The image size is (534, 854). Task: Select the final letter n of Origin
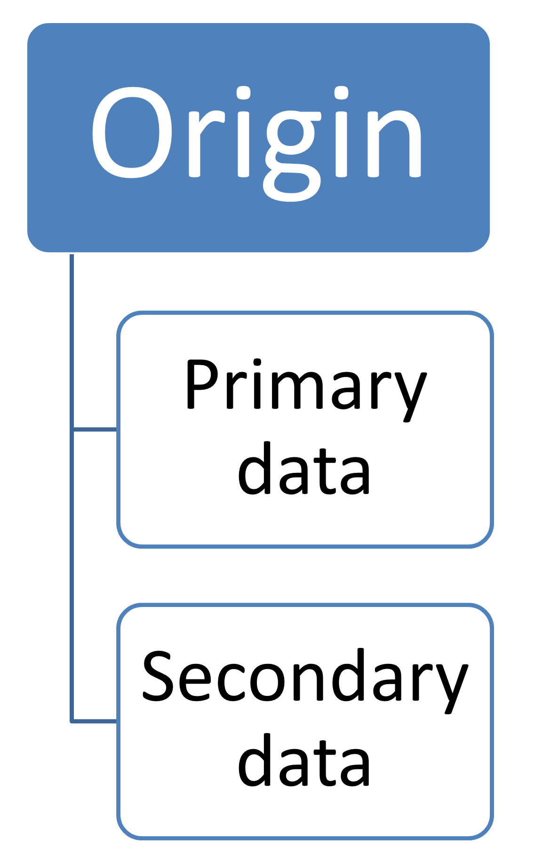(397, 144)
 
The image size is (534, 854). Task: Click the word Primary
(306, 386)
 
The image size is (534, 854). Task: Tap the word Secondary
(305, 678)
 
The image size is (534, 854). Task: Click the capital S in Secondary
(159, 676)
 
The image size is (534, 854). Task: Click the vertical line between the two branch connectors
(72, 574)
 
